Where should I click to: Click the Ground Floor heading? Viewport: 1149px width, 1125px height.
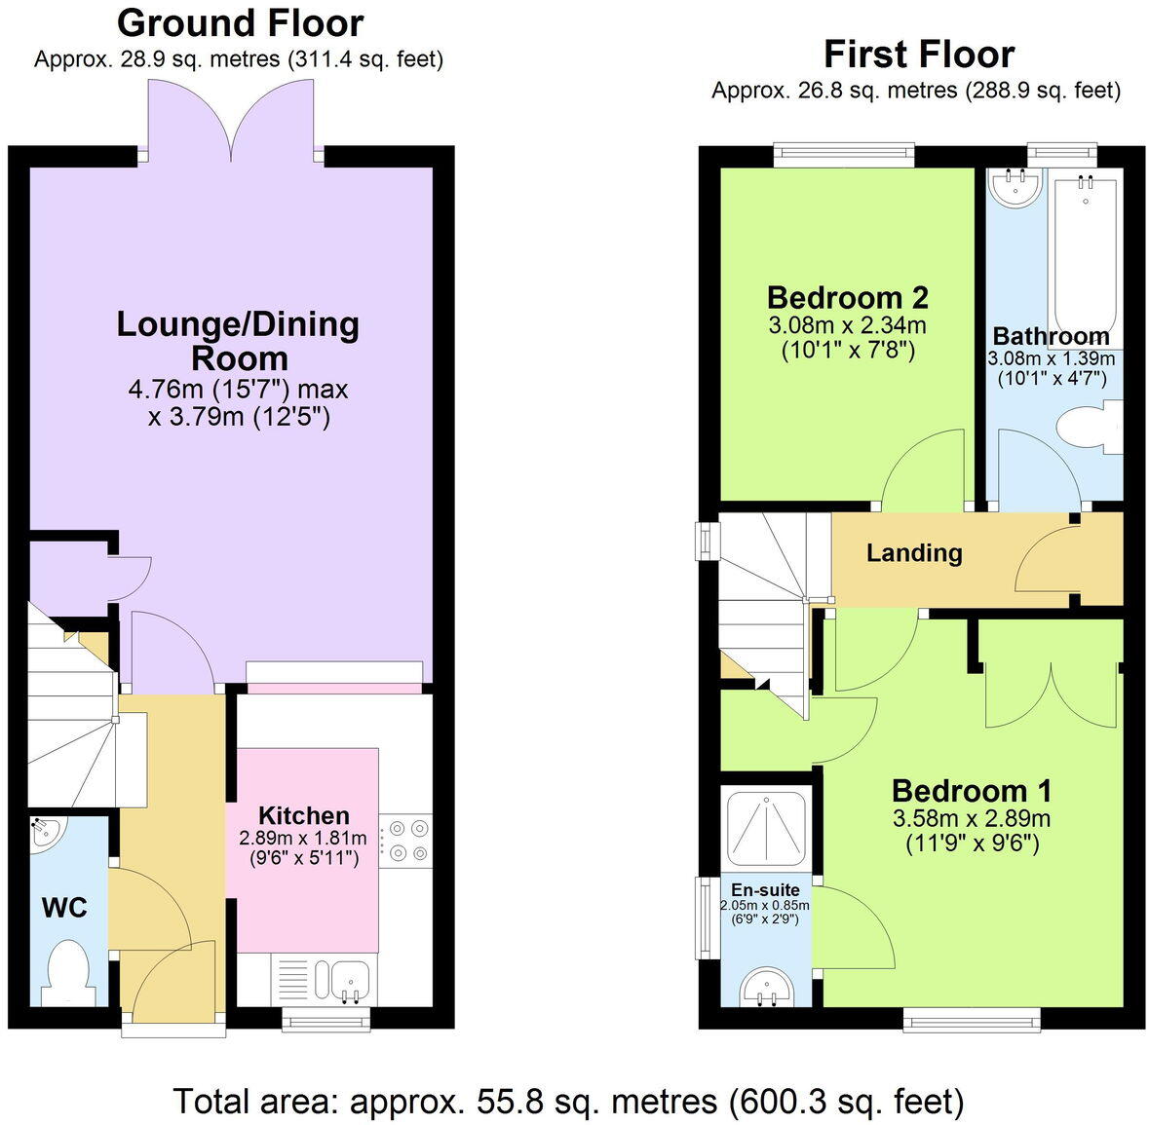tap(240, 22)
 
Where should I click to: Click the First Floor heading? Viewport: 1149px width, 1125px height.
tap(918, 54)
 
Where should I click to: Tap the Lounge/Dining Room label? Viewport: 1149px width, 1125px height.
tap(238, 341)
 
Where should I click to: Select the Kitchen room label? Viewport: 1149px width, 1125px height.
tap(303, 815)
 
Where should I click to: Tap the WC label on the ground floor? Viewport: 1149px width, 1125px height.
tap(64, 908)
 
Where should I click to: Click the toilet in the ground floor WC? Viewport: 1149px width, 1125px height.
tap(67, 969)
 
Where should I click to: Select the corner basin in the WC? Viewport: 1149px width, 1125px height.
tap(46, 833)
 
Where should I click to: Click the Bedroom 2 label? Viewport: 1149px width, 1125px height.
tap(847, 297)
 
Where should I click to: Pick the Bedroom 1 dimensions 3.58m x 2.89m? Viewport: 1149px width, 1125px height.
tap(971, 818)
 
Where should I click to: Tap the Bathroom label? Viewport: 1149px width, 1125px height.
tap(1051, 337)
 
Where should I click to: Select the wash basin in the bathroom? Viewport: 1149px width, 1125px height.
tap(1015, 188)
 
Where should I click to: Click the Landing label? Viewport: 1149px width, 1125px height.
tap(914, 553)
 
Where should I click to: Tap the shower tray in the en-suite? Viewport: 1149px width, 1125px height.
tap(767, 828)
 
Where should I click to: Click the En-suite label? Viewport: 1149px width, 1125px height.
tap(765, 889)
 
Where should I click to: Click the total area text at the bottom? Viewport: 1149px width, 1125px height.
tap(568, 1101)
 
